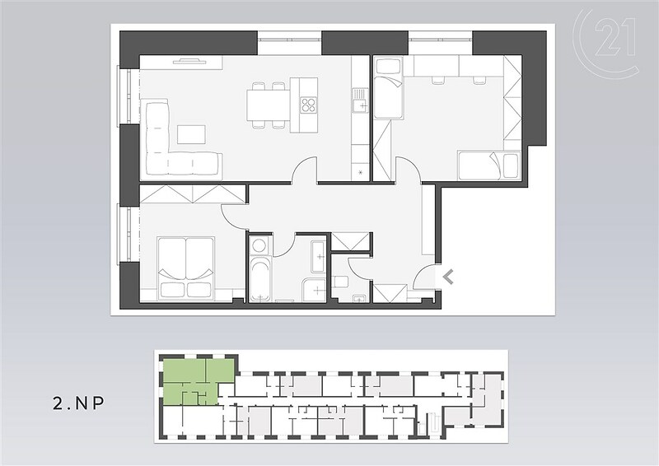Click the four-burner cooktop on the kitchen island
[308, 105]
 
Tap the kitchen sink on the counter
[359, 101]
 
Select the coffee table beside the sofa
[192, 135]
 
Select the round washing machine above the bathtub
[260, 245]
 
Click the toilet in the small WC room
[339, 282]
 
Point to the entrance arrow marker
[448, 277]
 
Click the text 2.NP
[78, 403]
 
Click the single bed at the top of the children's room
[388, 88]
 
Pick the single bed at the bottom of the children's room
[488, 165]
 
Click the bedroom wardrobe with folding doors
[192, 194]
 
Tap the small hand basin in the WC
[358, 299]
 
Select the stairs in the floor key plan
[433, 423]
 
